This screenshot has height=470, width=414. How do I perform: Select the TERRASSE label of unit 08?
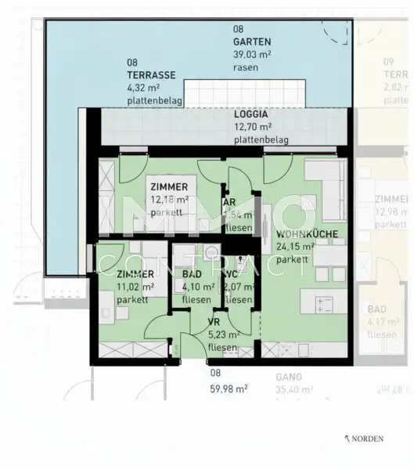(x=150, y=74)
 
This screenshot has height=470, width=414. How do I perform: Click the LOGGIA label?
(x=252, y=114)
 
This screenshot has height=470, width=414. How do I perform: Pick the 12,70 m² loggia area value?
(x=253, y=126)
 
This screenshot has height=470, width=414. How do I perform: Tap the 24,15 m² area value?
(x=295, y=247)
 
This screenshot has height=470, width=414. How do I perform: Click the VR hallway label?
(x=214, y=323)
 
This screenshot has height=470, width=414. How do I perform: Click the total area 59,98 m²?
(x=229, y=387)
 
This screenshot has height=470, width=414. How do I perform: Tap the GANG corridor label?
(x=288, y=376)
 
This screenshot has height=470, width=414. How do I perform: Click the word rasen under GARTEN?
(x=245, y=67)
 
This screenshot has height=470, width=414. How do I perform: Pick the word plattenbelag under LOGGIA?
(x=261, y=139)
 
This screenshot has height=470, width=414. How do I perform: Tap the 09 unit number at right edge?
(x=387, y=62)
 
